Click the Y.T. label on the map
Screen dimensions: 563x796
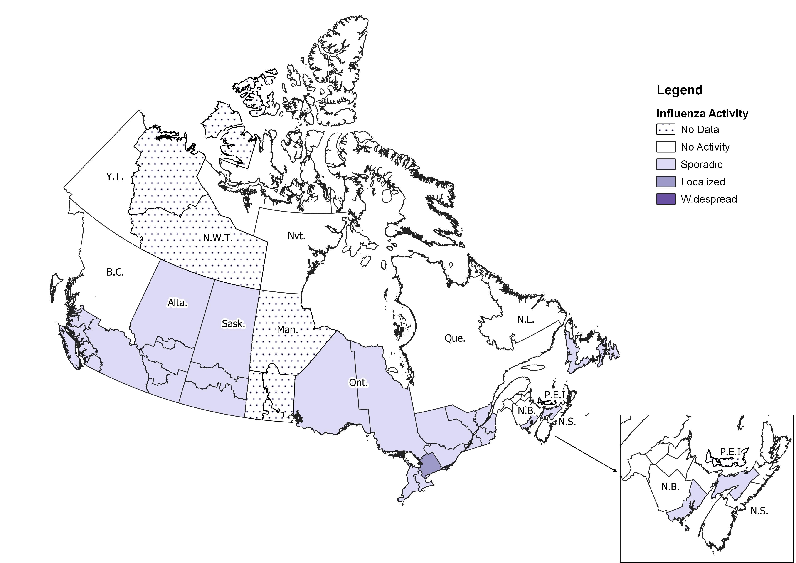(115, 177)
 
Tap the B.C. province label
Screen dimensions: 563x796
(115, 272)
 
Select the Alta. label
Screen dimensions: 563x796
(177, 303)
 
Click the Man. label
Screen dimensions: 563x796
(287, 330)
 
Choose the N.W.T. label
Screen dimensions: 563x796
(218, 238)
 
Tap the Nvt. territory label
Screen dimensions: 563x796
(296, 236)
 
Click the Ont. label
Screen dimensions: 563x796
(358, 383)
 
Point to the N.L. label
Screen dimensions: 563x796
(526, 320)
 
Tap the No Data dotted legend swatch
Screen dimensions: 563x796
(666, 130)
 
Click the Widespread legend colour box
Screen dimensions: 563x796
(666, 199)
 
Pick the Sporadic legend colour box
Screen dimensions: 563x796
(666, 164)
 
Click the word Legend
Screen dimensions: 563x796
(680, 90)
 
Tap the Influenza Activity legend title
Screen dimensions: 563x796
(702, 114)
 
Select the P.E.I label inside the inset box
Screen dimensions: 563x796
(730, 452)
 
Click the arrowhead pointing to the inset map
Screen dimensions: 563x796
(615, 471)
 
